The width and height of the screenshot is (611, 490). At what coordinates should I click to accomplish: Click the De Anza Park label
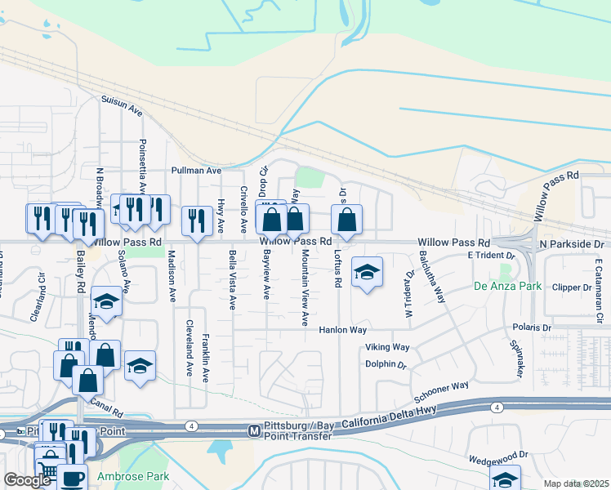click(x=507, y=287)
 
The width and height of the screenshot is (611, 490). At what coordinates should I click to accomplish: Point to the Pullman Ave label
click(x=196, y=171)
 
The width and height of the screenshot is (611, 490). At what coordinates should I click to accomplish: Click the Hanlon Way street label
click(x=342, y=330)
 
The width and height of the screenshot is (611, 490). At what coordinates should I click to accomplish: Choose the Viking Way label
click(x=388, y=347)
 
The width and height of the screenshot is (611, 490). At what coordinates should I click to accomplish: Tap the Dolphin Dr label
click(x=386, y=364)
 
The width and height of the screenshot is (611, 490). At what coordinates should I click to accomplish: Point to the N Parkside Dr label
click(x=571, y=243)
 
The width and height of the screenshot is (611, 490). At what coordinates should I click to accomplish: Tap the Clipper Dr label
click(x=571, y=287)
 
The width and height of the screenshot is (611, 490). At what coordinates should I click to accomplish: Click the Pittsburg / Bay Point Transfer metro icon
click(x=253, y=430)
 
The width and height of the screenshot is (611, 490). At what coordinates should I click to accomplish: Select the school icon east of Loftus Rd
click(x=367, y=272)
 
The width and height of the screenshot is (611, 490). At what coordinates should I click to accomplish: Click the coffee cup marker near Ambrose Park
click(x=71, y=478)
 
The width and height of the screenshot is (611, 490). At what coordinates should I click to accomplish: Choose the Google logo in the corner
click(x=28, y=480)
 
